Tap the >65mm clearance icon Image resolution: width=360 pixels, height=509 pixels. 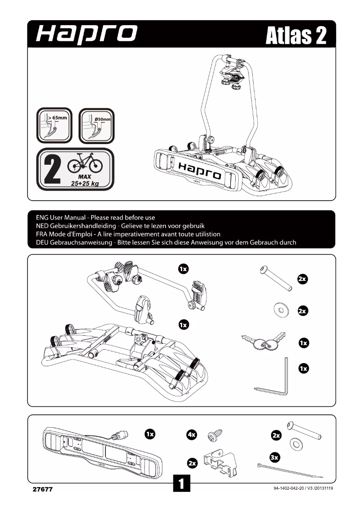(53, 124)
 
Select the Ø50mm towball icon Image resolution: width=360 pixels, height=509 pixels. (96, 124)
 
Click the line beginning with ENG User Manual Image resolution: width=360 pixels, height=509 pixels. (95, 218)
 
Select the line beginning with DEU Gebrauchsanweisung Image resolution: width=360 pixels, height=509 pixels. (166, 242)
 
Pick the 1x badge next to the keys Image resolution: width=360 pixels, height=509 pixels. (303, 343)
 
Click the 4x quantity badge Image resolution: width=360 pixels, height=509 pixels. (192, 434)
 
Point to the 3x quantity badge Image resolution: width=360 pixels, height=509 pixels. (275, 457)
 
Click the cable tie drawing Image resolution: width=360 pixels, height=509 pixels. (290, 470)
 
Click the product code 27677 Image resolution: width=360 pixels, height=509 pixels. (43, 489)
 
